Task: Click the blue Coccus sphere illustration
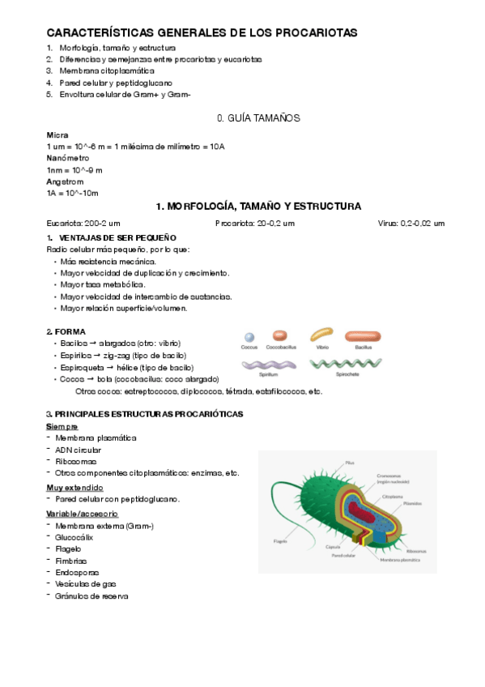(249, 337)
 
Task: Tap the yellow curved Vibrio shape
(322, 335)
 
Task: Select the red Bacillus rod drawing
(362, 335)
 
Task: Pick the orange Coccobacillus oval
(280, 335)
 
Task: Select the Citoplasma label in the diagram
(393, 496)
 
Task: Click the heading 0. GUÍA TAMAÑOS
(258, 118)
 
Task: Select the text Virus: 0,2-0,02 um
(411, 223)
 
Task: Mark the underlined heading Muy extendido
(74, 488)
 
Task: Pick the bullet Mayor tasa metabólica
(103, 284)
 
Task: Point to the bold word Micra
(57, 134)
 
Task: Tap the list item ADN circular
(79, 450)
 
